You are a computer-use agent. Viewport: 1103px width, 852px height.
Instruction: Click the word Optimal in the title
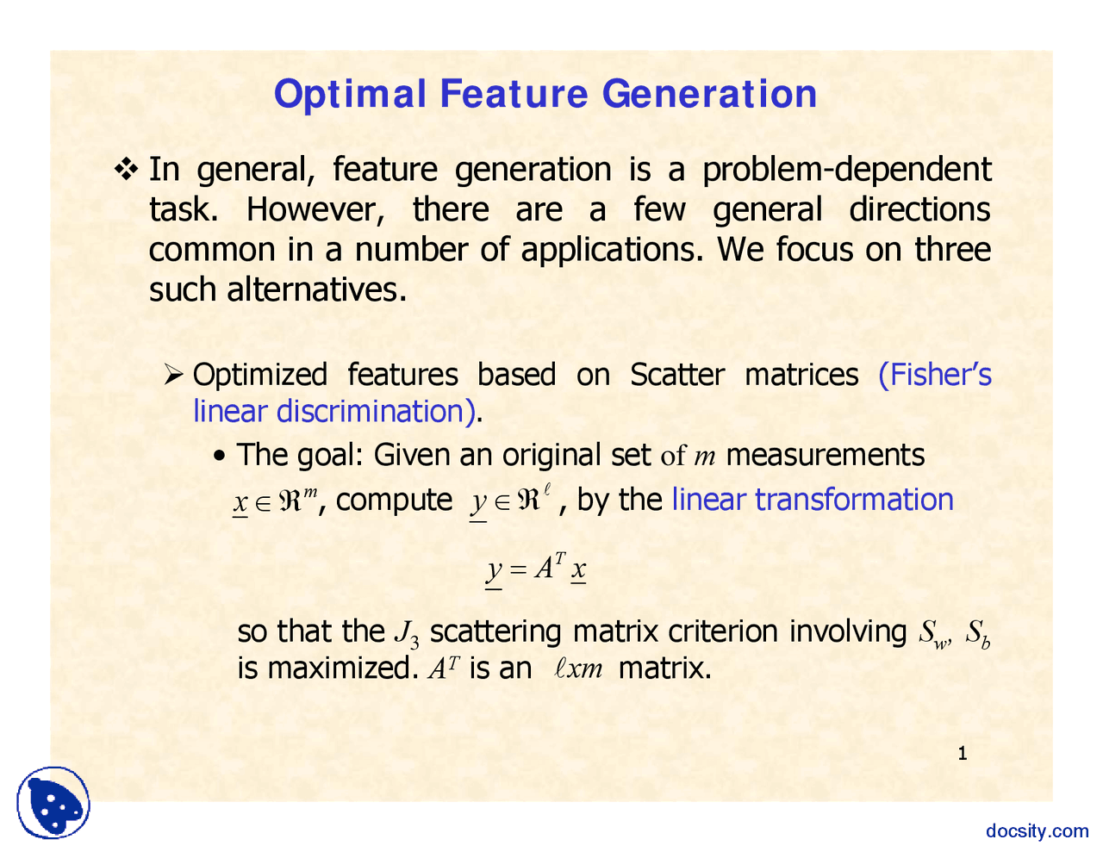tap(350, 95)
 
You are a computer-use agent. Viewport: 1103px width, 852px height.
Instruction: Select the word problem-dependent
tap(846, 170)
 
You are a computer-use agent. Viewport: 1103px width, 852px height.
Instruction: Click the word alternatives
tap(315, 289)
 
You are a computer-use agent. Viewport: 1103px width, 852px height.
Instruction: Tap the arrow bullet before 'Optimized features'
tap(174, 375)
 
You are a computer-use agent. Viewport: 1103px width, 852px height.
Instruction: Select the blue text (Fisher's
tap(934, 375)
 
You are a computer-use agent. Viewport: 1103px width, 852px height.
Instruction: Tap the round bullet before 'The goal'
tap(220, 456)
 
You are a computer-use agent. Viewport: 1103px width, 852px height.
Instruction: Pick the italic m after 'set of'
tap(705, 457)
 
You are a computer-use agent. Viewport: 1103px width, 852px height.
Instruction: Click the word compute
tap(394, 500)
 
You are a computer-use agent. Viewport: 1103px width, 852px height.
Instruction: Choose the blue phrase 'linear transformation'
tap(812, 500)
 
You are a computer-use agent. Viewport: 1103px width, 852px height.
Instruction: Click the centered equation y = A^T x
tap(536, 569)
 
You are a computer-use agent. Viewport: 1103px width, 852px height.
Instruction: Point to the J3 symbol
tap(406, 633)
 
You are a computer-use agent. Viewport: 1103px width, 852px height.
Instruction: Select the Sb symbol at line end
tap(977, 633)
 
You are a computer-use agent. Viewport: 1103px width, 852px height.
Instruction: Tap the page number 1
tap(963, 755)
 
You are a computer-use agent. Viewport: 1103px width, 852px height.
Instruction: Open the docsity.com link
tap(1037, 830)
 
